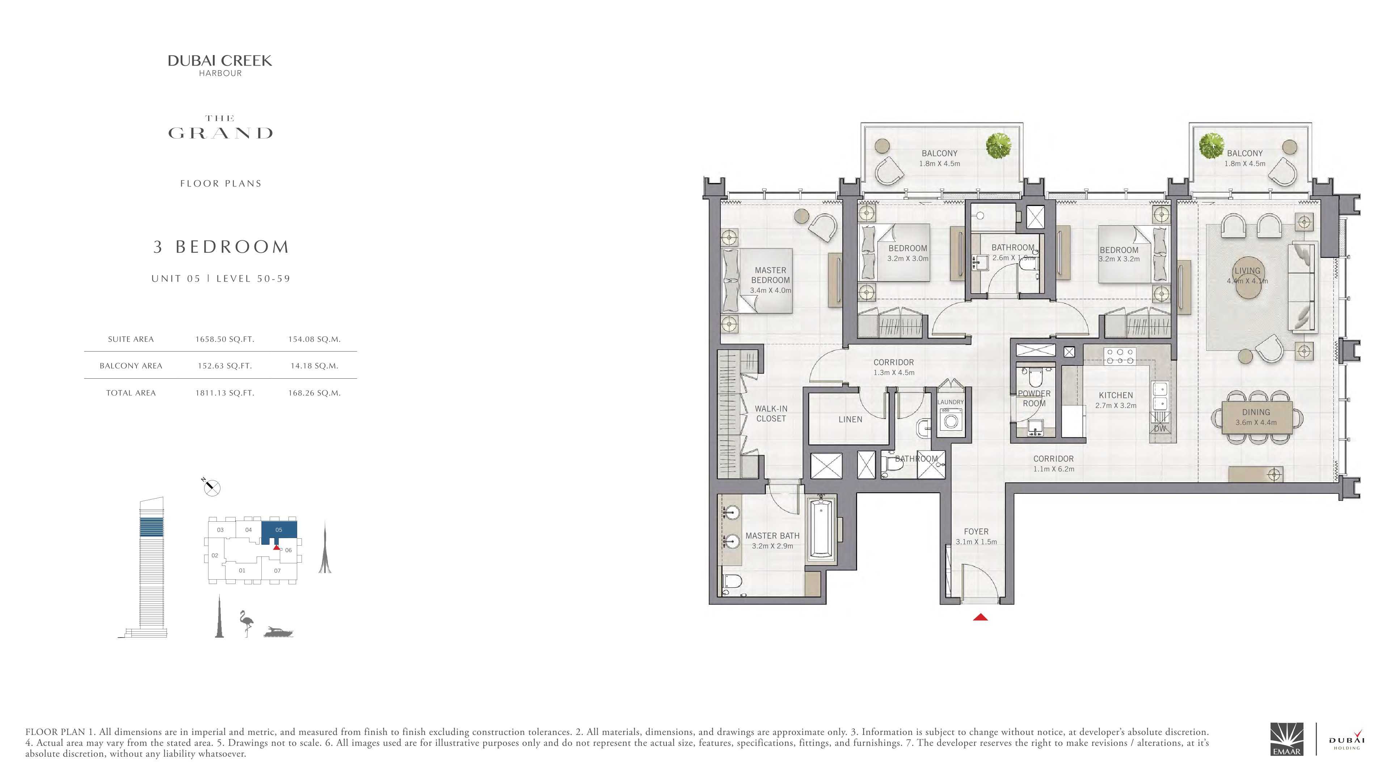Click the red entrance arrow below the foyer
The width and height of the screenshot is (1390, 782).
tap(981, 617)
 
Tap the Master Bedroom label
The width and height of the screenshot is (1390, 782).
tap(771, 275)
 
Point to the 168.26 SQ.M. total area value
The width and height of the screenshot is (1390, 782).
tap(314, 393)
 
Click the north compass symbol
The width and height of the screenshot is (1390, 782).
tap(211, 487)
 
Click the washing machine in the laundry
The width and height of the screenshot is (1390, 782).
tap(951, 419)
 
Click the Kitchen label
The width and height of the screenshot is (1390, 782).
tap(1116, 395)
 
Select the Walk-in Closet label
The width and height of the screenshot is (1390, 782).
tap(771, 414)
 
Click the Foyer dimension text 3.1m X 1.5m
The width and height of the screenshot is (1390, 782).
tap(977, 542)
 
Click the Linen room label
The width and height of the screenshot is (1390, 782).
tap(850, 419)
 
